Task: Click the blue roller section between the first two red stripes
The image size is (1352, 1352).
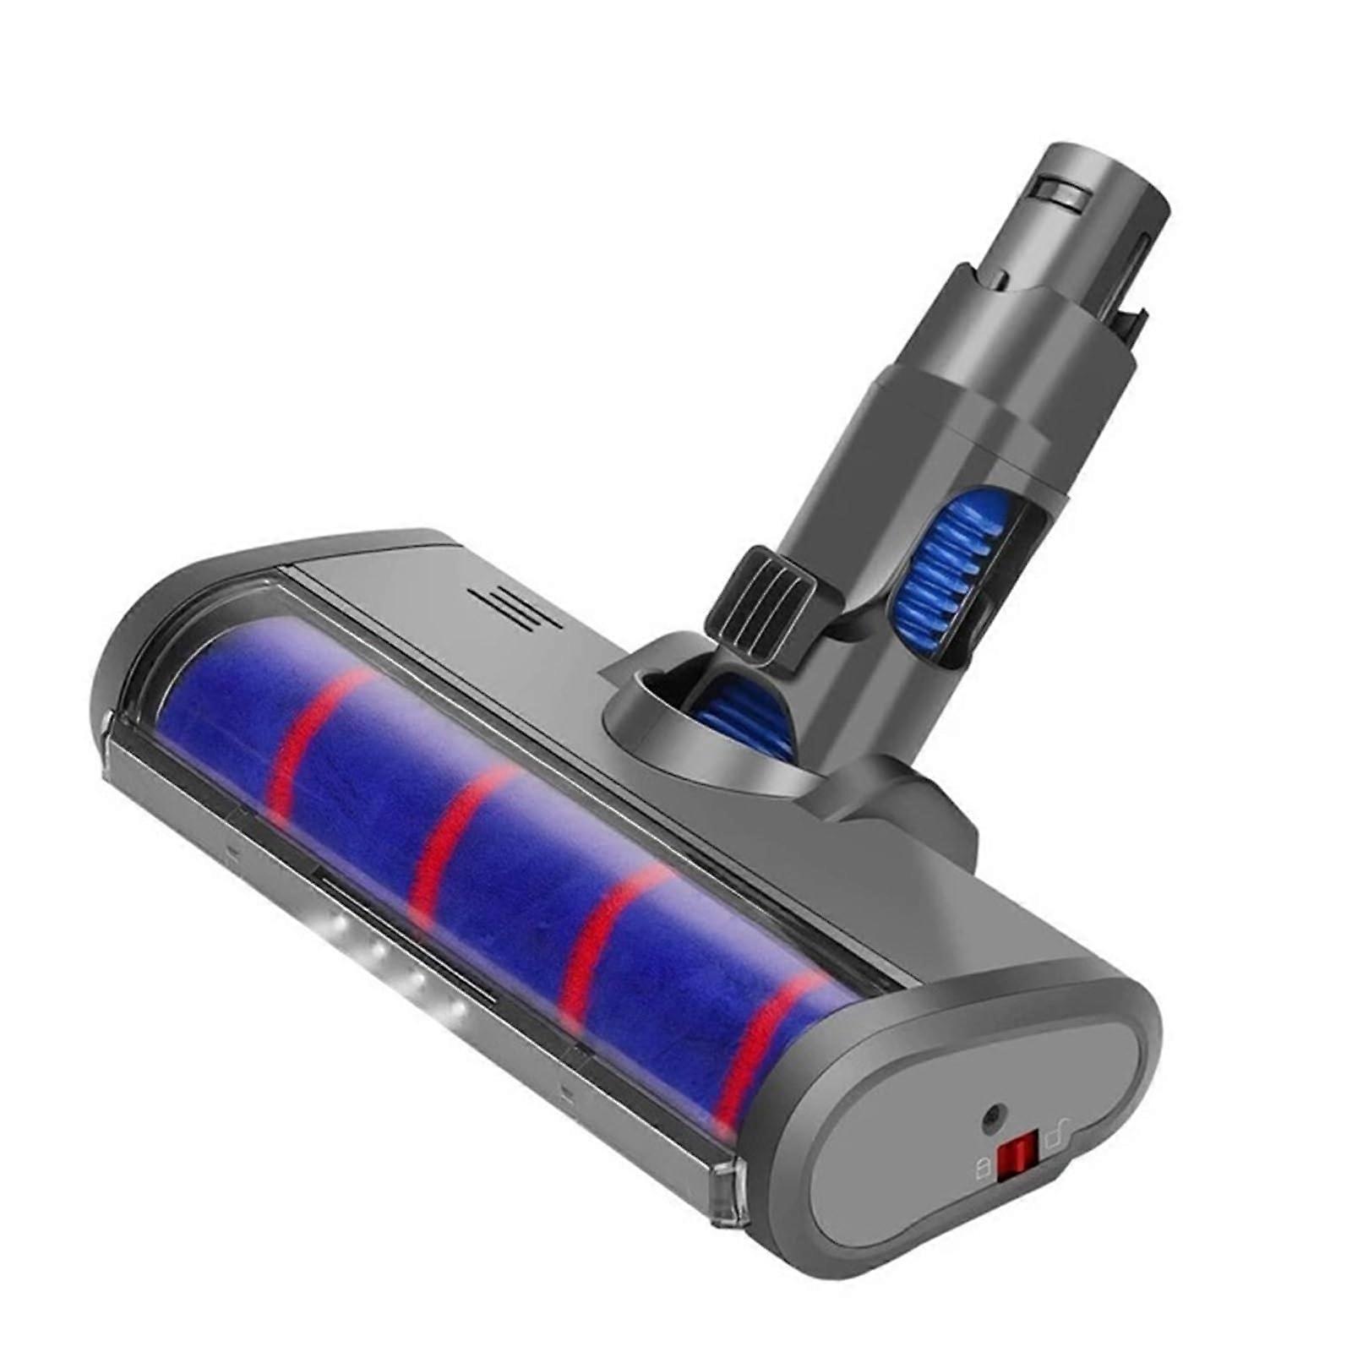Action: point(372,777)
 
